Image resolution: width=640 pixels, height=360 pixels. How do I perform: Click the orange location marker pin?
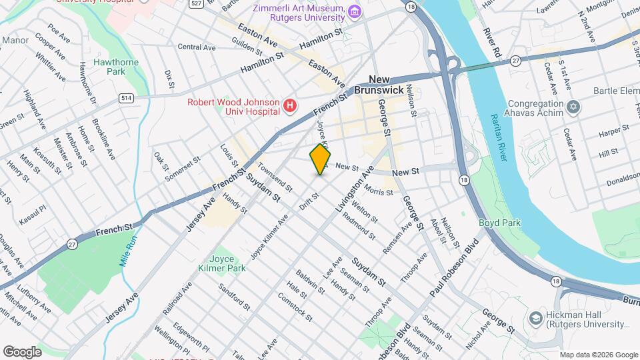321,159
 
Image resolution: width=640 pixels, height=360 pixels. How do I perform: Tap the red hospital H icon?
289,105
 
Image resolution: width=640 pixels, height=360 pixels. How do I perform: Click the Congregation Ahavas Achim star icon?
572,107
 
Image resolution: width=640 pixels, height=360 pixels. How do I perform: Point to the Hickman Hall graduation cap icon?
536,319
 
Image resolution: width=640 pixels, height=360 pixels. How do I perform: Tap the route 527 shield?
195,4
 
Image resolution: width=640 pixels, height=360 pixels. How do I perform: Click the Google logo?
22,351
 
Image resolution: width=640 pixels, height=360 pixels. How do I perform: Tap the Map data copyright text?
598,355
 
